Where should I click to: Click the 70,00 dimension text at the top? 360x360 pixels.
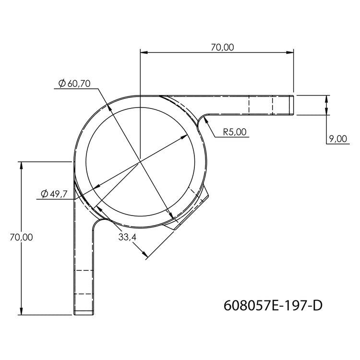tap(222, 47)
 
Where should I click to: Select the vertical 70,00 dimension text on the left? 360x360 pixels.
tap(21, 237)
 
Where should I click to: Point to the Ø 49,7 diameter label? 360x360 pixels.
tap(53, 193)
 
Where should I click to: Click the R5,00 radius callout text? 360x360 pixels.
tap(235, 132)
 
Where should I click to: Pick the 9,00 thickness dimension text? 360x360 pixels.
tap(338, 139)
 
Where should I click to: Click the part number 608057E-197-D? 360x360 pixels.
tap(273, 305)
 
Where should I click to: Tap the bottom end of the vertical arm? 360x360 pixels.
tap(84, 314)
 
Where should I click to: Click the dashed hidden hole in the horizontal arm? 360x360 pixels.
tap(261, 105)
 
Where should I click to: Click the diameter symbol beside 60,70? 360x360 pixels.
tap(62, 83)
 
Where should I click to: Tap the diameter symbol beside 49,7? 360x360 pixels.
tap(44, 193)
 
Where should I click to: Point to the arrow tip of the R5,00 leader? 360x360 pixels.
tap(204, 118)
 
